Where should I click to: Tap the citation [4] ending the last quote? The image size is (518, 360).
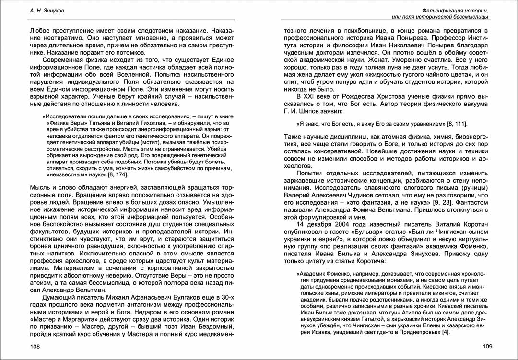[x=445, y=332]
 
